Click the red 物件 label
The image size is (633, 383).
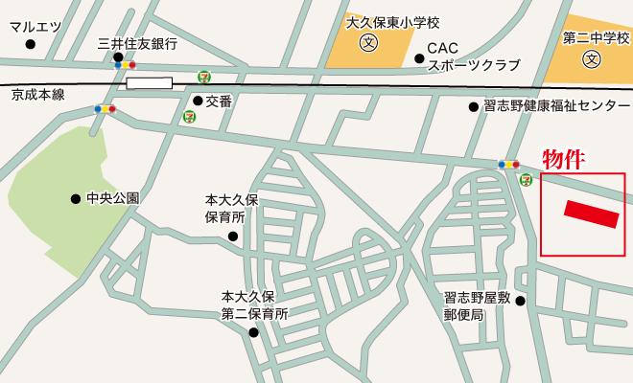(564, 158)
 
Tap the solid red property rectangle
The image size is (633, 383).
(592, 214)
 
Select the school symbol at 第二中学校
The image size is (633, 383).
(593, 58)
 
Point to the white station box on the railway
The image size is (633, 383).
(149, 83)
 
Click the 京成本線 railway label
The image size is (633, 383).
(37, 96)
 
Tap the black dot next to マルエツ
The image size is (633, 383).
(31, 44)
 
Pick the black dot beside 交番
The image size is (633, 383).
(198, 100)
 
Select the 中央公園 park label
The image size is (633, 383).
(112, 199)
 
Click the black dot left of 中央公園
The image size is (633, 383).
(76, 199)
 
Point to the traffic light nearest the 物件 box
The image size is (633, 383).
(508, 165)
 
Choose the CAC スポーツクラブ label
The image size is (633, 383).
(473, 56)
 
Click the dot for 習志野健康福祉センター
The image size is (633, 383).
(473, 106)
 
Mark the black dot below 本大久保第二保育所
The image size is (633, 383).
(253, 333)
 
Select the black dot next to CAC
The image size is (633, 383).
(419, 58)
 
